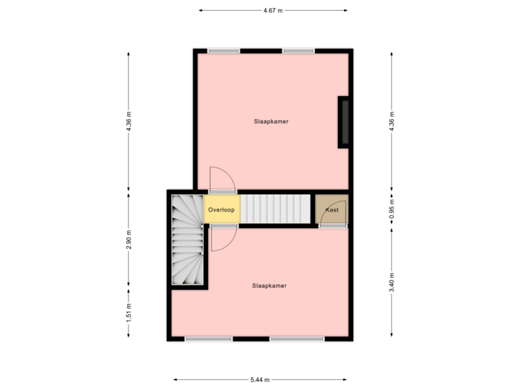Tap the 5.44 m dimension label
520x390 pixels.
[x=260, y=380]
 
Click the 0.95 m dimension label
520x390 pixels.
[x=391, y=209]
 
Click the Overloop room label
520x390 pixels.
[x=221, y=209]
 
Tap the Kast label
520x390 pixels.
[x=331, y=209]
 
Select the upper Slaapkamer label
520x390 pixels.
[x=271, y=121]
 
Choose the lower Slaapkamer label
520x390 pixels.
[x=269, y=285]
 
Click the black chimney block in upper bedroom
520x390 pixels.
[x=346, y=122]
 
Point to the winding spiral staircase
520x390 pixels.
[x=186, y=240]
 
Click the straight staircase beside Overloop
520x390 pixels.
[x=277, y=209]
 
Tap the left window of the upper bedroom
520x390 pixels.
[x=223, y=51]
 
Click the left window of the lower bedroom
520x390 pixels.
[x=208, y=339]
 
